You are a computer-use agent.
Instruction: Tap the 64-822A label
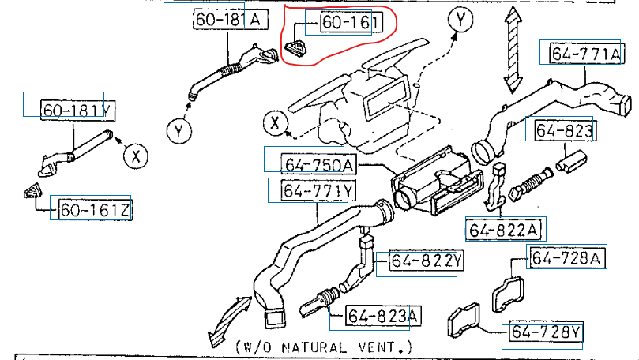coord(505,230)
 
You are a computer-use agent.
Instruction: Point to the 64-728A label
coord(568,257)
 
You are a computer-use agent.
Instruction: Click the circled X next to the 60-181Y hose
coord(135,156)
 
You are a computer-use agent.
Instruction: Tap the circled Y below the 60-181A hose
coord(179,132)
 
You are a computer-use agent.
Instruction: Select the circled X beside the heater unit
coord(276,123)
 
